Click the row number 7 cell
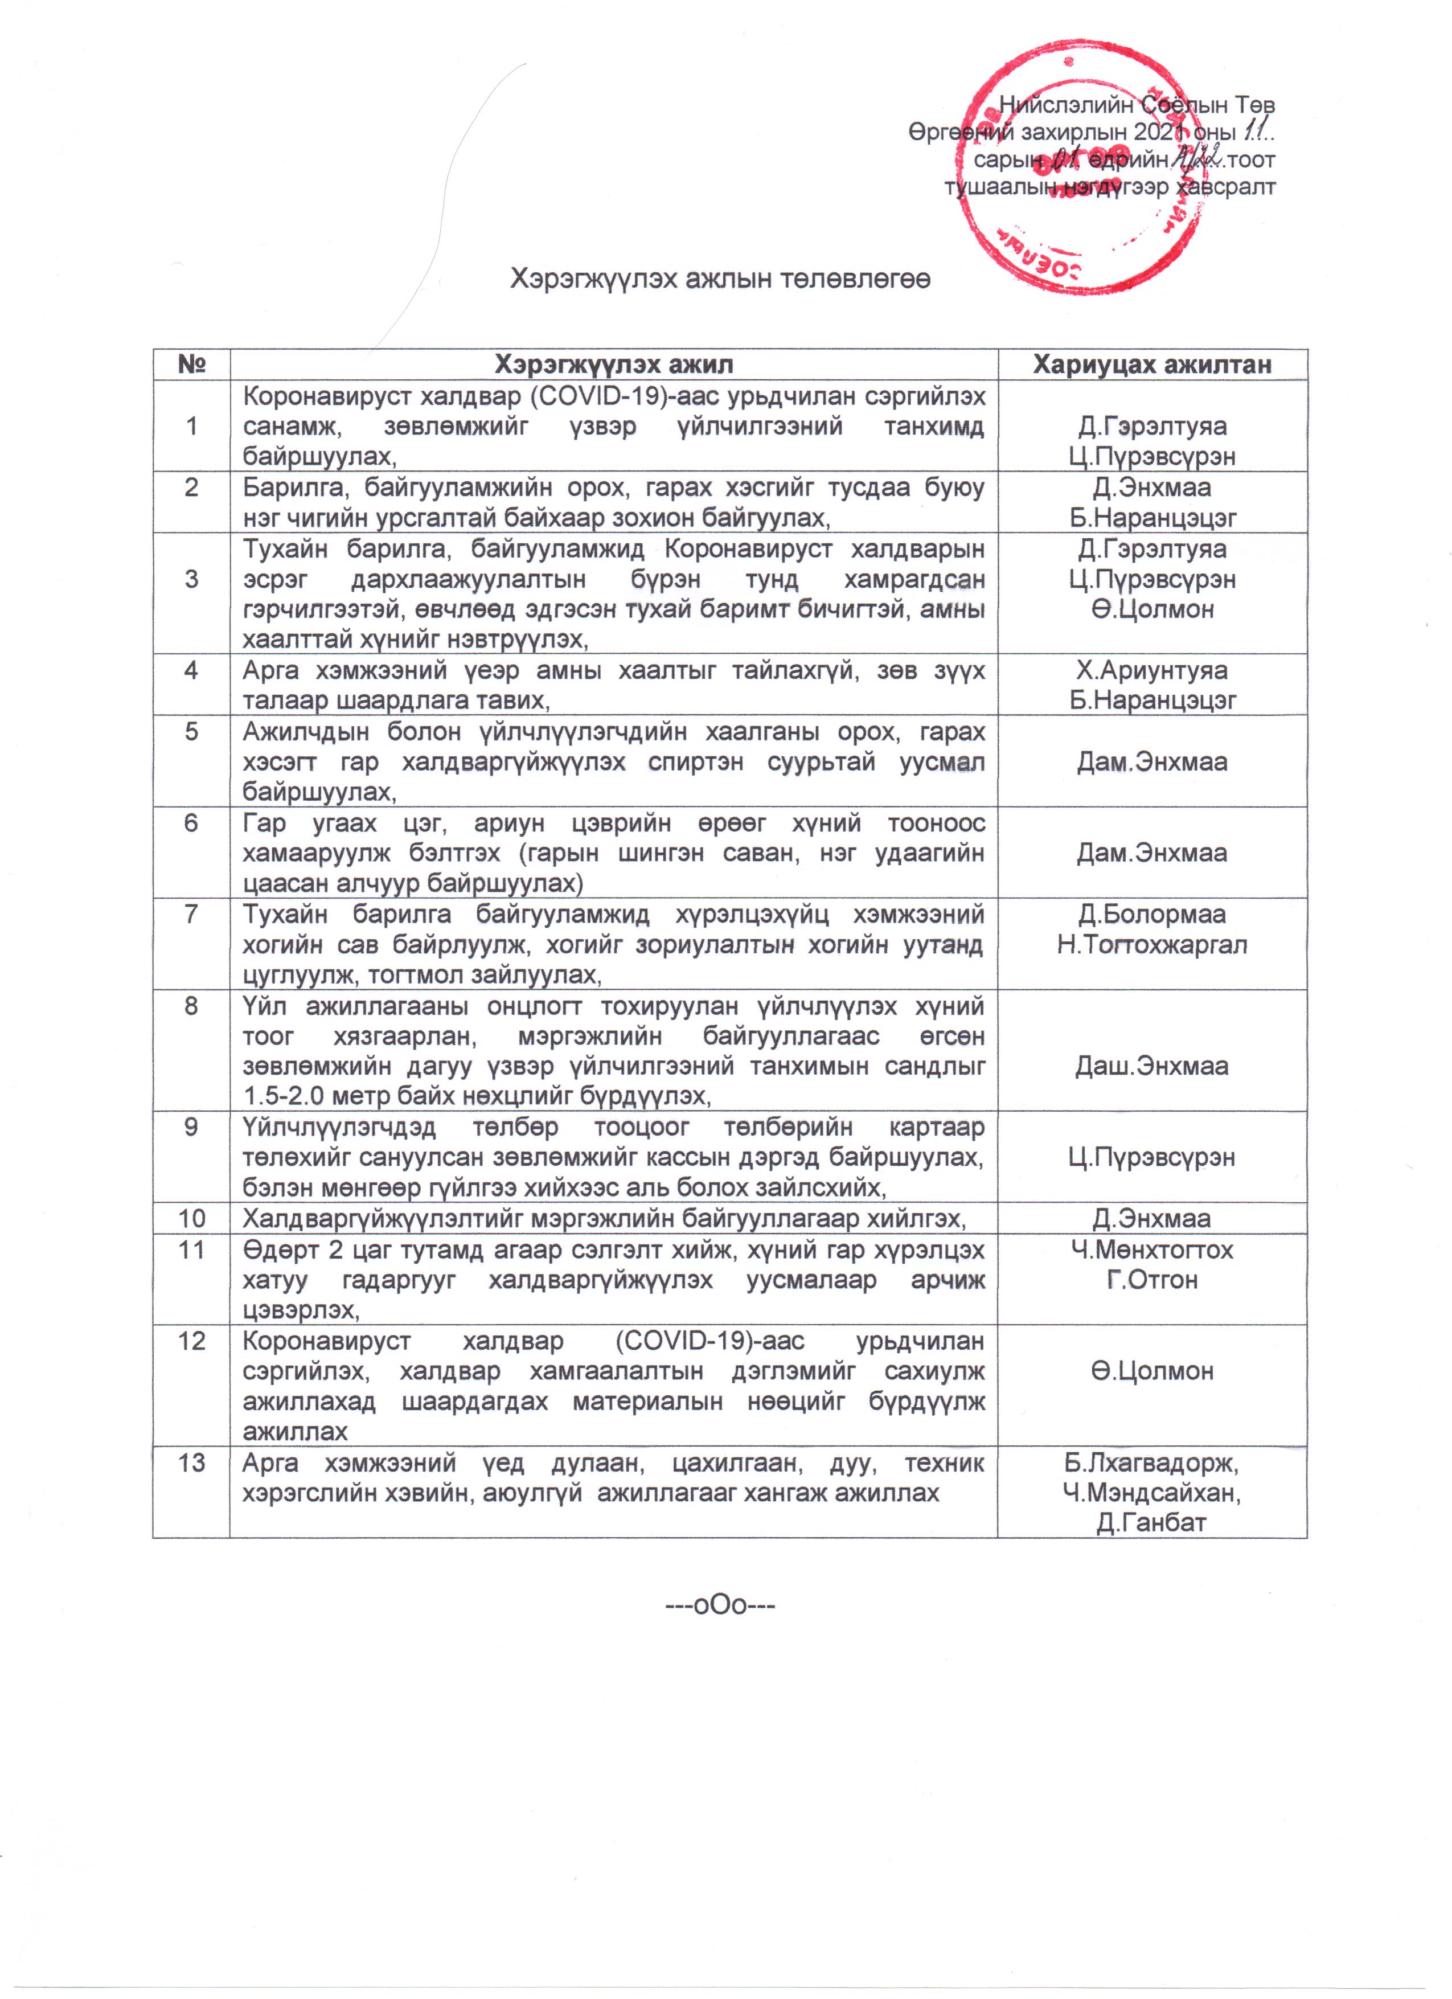click(191, 914)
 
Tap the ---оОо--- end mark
click(720, 1605)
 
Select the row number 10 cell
click(191, 1218)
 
